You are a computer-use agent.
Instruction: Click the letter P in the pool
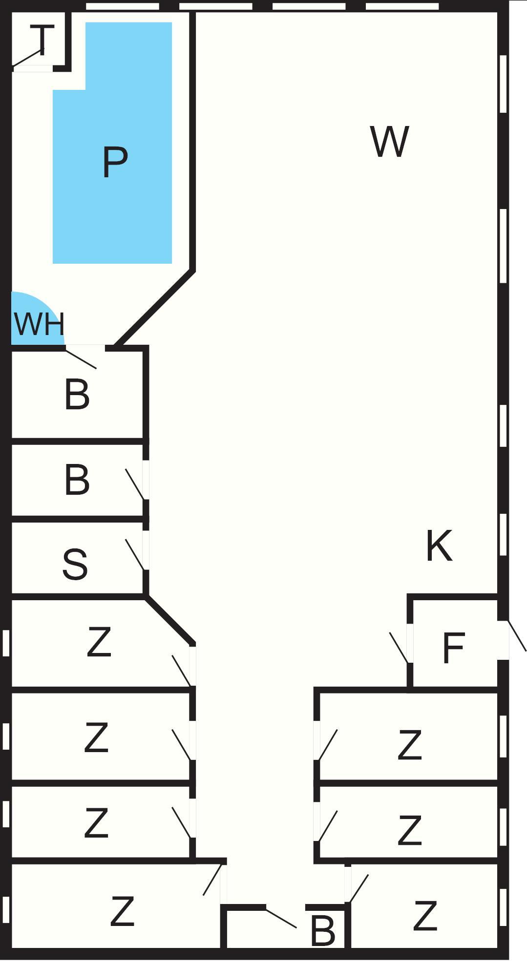[x=115, y=163]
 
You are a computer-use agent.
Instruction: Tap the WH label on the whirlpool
[x=39, y=324]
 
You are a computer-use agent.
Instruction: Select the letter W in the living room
[x=389, y=142]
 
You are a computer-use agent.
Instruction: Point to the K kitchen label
[x=439, y=546]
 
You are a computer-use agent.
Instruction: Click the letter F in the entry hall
[x=453, y=648]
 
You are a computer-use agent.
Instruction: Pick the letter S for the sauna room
[x=75, y=565]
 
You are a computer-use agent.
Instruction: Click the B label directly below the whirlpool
[x=77, y=395]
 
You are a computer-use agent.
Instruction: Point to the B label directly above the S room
[x=77, y=480]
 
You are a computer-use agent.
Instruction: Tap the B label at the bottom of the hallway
[x=322, y=930]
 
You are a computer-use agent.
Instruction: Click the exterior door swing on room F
[x=517, y=636]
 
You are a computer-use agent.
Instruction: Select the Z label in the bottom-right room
[x=424, y=916]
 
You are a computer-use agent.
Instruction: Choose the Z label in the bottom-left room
[x=122, y=911]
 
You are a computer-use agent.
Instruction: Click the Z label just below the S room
[x=99, y=643]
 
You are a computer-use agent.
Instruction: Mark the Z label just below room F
[x=409, y=745]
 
